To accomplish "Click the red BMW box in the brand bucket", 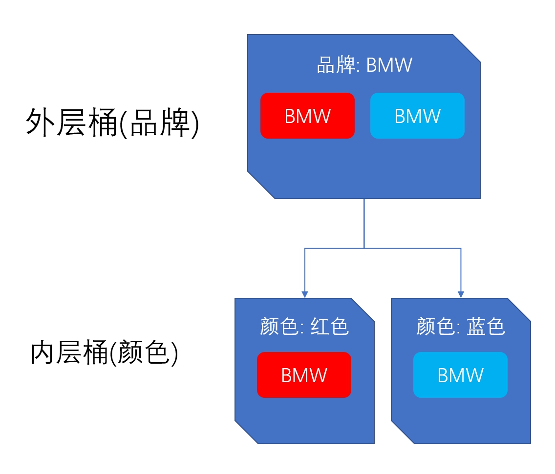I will [x=307, y=116].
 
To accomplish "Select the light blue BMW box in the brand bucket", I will [x=417, y=116].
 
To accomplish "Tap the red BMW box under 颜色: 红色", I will [x=304, y=375].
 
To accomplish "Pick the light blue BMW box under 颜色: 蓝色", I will [x=460, y=375].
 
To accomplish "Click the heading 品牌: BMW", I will [x=364, y=65].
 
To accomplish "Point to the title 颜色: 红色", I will [x=304, y=327].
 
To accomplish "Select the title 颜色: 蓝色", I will [x=460, y=327].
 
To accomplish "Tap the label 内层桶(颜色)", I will [x=104, y=353].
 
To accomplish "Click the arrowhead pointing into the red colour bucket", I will [x=305, y=294].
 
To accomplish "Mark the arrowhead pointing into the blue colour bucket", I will [x=460, y=294].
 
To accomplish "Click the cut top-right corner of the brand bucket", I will [x=467, y=48].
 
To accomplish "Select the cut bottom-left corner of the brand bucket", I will [x=261, y=185].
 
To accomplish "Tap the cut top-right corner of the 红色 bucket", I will [x=363, y=309].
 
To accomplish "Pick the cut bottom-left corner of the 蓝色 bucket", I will [x=403, y=433].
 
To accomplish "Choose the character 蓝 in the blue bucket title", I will [x=475, y=327].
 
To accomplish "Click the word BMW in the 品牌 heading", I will [x=389, y=65].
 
